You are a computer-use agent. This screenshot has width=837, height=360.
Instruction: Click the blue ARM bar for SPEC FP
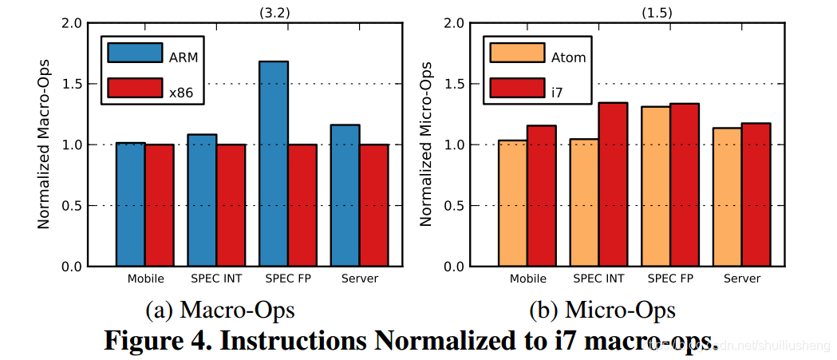[x=274, y=164]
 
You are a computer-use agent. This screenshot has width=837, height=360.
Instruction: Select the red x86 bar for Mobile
[x=160, y=205]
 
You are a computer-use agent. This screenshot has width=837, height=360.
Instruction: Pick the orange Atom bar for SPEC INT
[x=584, y=203]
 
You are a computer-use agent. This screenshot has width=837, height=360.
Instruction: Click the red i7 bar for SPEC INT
[x=613, y=184]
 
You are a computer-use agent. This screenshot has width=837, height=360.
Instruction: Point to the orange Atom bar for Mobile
[x=512, y=204]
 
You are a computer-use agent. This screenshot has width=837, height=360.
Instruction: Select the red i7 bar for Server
[x=756, y=195]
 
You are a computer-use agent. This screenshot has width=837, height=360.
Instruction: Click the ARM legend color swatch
[x=135, y=53]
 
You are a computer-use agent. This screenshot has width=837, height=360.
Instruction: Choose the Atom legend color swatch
[x=517, y=53]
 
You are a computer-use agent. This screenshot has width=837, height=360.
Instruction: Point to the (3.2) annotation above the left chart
[x=274, y=11]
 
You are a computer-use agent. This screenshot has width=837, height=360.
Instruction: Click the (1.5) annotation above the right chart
[x=656, y=11]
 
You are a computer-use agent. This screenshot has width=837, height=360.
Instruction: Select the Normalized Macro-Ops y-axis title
[x=44, y=144]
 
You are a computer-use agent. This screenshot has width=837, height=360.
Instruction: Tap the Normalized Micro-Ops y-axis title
[x=426, y=144]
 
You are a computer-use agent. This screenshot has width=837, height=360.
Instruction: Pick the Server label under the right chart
[x=742, y=279]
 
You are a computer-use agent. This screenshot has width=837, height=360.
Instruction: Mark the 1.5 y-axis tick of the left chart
[x=73, y=84]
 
